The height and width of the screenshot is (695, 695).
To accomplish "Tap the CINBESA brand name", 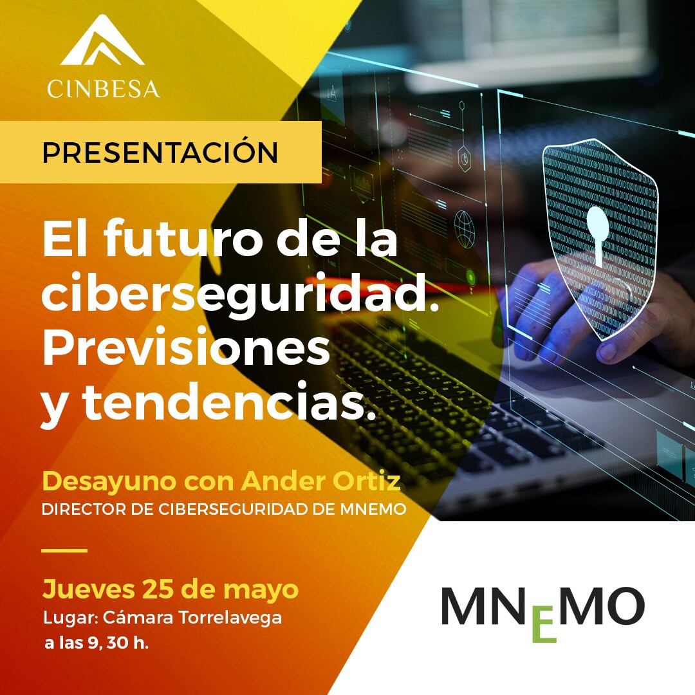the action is [103, 89].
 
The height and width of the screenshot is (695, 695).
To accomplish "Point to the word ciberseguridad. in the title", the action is [240, 296].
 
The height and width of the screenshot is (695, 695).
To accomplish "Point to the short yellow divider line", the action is [64, 550].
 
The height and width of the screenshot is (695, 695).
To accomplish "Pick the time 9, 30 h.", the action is [118, 643].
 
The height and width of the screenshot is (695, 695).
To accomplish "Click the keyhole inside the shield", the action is [598, 236].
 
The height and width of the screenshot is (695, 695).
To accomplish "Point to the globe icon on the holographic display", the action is [465, 228].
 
